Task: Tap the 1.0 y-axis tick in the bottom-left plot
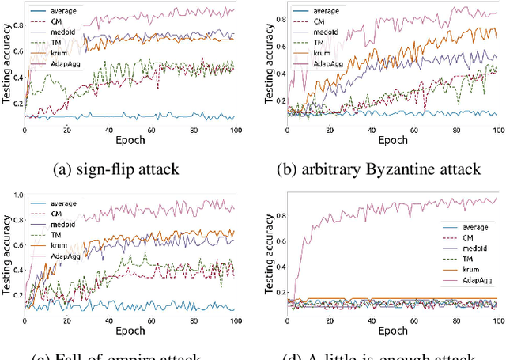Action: click(16, 195)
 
